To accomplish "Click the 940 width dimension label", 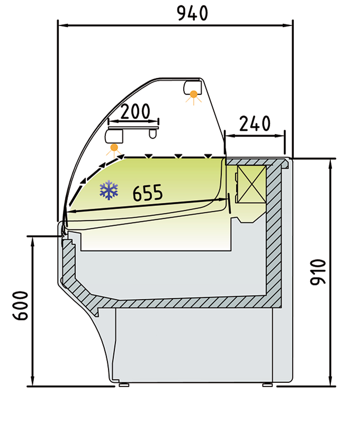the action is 193,13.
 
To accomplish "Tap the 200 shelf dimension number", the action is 136,111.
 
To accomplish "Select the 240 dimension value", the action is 255,123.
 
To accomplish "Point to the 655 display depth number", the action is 148,193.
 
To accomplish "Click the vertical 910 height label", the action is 318,272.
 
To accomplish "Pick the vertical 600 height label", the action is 21,306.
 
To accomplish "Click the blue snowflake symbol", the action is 109,190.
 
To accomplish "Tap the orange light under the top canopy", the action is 194,95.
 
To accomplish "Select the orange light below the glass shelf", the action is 114,148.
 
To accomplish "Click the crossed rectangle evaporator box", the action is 251,184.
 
